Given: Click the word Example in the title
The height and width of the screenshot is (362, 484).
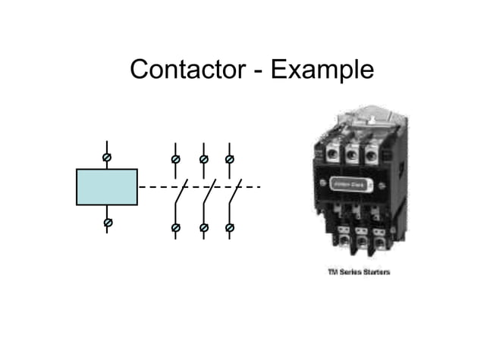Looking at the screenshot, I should tap(322, 70).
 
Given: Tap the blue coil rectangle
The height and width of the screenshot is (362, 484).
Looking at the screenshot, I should tap(107, 187).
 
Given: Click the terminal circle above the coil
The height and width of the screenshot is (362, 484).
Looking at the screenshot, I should tap(107, 156).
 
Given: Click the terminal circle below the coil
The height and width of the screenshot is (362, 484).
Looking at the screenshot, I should tap(107, 223).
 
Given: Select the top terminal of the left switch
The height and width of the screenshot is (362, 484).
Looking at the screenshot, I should tap(175, 160).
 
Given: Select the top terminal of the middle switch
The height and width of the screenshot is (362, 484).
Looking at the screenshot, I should tap(203, 160).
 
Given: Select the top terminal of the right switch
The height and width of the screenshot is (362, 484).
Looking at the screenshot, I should tap(230, 160).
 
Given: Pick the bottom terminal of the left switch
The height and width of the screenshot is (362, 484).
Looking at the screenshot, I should tap(175, 227).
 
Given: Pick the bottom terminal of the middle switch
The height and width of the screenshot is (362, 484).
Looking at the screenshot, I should tap(203, 227).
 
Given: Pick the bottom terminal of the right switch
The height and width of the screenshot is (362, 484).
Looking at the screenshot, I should tap(230, 227).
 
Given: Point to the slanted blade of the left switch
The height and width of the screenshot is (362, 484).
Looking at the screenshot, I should tap(181, 194).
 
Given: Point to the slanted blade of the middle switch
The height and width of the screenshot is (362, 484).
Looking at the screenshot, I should tap(209, 194).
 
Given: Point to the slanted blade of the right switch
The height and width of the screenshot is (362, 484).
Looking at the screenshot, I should tap(235, 194).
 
